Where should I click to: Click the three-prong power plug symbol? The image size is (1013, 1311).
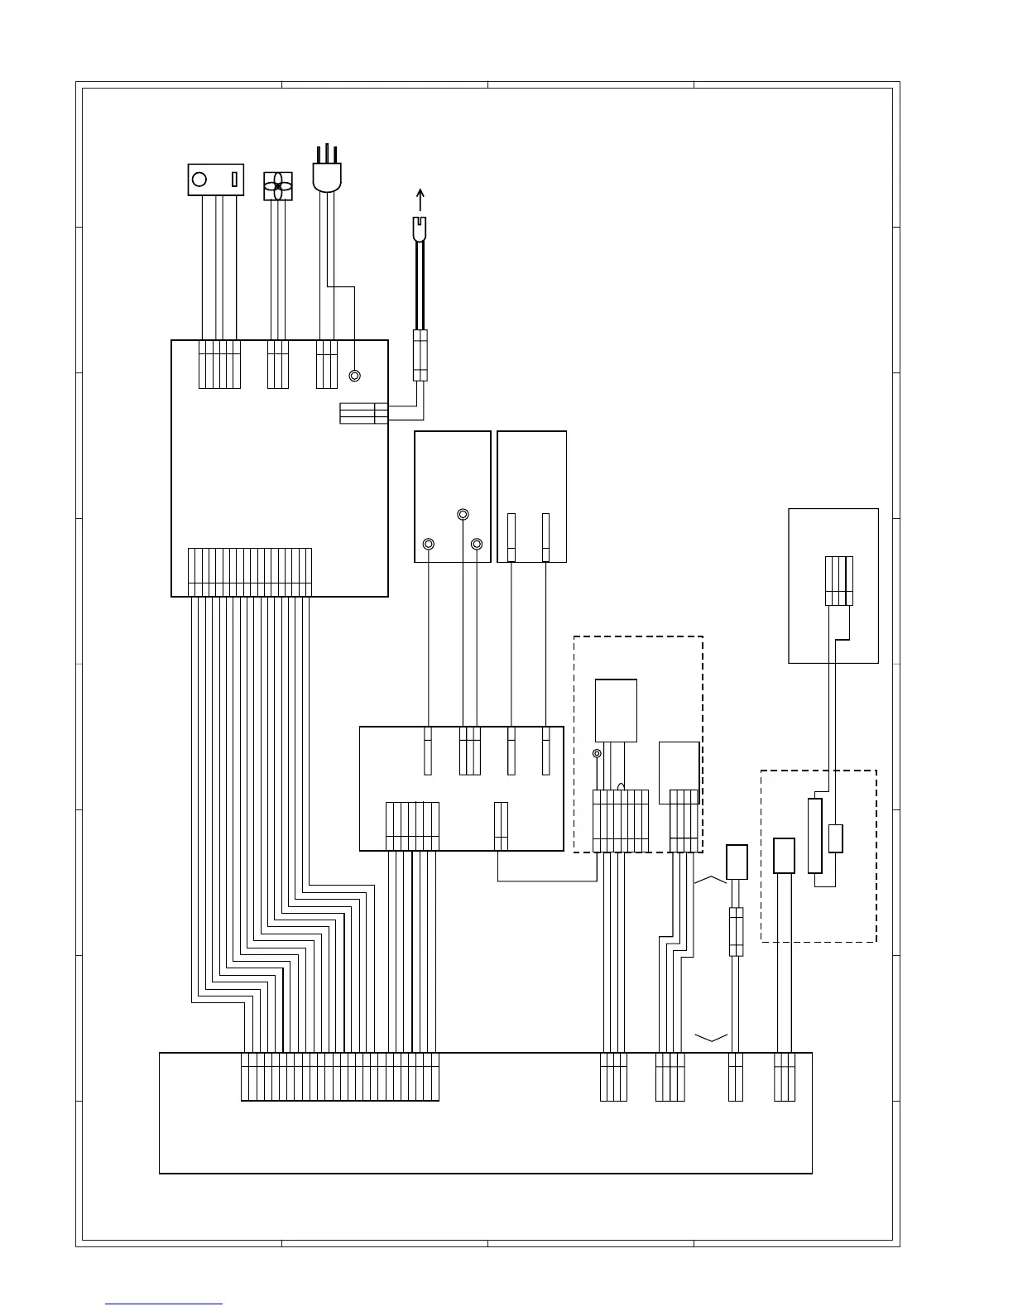(x=326, y=172)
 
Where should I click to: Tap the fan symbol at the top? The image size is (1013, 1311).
(x=278, y=186)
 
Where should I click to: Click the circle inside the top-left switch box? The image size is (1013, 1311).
(x=199, y=179)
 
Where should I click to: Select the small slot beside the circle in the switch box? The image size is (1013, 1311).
(x=233, y=179)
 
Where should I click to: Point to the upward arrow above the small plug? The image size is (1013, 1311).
(x=420, y=199)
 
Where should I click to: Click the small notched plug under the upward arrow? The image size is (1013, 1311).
(x=420, y=228)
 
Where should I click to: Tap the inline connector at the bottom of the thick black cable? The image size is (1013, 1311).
(x=420, y=355)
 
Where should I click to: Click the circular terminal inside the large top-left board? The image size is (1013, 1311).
(x=355, y=376)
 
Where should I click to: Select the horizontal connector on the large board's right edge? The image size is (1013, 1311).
(x=363, y=413)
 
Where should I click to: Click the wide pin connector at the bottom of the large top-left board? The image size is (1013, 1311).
(x=250, y=572)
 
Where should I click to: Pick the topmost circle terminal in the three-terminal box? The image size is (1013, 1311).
(x=463, y=516)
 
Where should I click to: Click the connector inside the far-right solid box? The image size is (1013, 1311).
(x=839, y=581)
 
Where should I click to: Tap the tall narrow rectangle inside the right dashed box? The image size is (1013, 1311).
(x=815, y=835)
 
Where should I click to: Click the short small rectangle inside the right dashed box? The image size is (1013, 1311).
(x=836, y=838)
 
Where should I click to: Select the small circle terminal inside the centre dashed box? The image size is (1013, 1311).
(x=598, y=753)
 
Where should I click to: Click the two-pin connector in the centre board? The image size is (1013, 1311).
(x=500, y=825)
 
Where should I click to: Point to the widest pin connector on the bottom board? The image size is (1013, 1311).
(x=339, y=1077)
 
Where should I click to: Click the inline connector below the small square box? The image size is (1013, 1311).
(x=736, y=931)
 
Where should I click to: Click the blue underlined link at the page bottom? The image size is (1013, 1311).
(x=164, y=1304)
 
